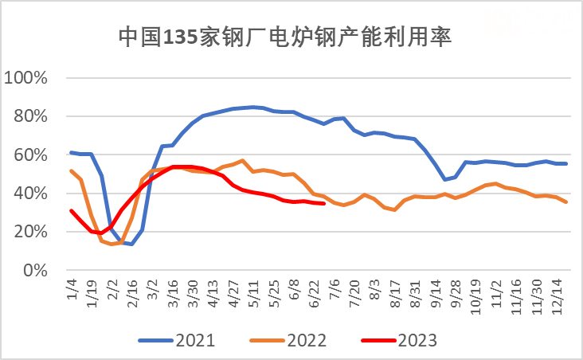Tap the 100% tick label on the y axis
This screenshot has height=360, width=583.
click(27, 78)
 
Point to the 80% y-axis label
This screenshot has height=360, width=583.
click(30, 116)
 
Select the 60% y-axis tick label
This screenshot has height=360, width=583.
click(30, 155)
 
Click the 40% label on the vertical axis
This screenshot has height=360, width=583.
click(30, 194)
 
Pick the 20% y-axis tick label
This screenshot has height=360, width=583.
click(30, 232)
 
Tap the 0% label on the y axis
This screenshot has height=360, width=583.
click(34, 270)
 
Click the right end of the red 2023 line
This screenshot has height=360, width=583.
click(324, 204)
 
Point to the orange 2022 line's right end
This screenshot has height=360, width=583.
click(566, 202)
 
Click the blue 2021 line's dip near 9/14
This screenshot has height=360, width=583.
click(444, 180)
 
